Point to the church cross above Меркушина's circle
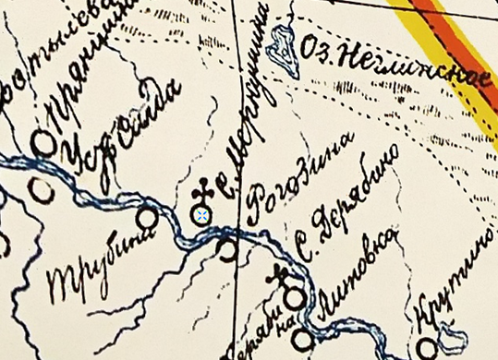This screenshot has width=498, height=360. point(202,193)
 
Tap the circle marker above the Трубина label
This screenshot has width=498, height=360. point(146,218)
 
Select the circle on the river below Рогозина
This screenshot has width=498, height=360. point(228,247)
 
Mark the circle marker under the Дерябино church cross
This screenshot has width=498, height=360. point(294,298)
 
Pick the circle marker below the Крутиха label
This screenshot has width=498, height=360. point(426,347)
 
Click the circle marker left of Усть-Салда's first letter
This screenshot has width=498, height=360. point(43,142)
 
